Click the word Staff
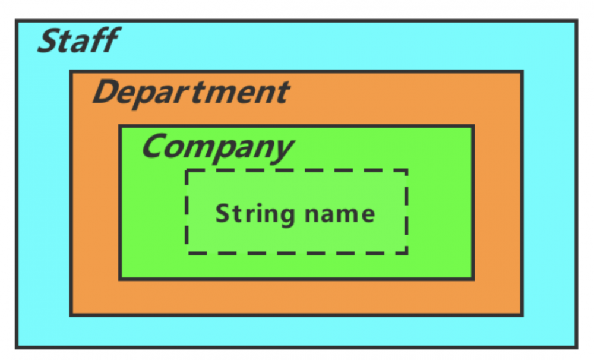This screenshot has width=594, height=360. tap(77, 42)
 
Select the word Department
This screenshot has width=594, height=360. tap(191, 93)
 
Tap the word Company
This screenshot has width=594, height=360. tap(217, 146)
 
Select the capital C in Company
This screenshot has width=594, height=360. tap(154, 146)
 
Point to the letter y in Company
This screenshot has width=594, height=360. tap(282, 149)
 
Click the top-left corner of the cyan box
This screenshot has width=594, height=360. tap(17, 21)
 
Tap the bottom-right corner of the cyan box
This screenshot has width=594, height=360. tap(576, 346)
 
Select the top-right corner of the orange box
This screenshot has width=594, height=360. tap(522, 72)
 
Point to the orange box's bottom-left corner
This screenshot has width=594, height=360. tap(71, 315)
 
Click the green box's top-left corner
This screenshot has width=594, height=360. tap(120, 126)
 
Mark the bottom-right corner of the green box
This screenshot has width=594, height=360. tap(473, 278)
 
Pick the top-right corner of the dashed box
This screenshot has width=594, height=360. tap(407, 170)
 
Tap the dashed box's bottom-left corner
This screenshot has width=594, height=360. tap(187, 253)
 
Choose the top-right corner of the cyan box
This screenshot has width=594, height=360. tap(576, 21)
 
